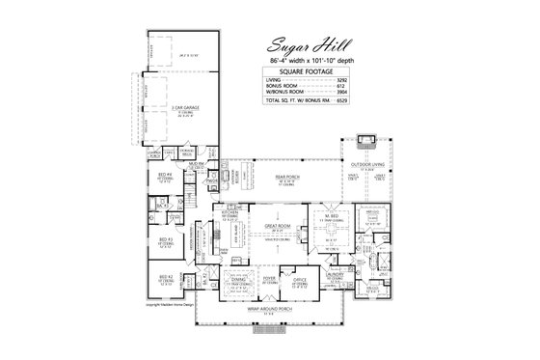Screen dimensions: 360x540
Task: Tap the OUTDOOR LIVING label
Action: click(x=364, y=164)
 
